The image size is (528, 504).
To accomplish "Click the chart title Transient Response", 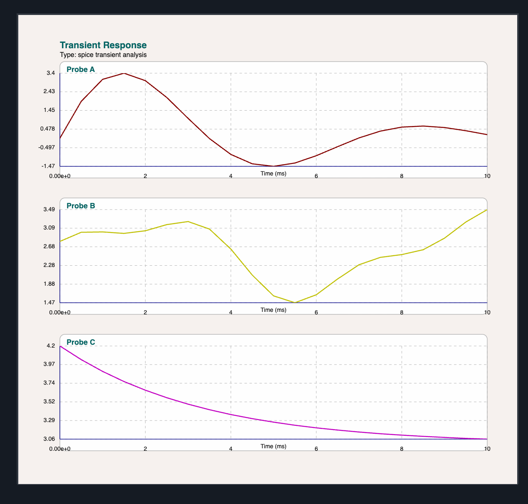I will pyautogui.click(x=103, y=45).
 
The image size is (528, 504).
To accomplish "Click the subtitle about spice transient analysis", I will pyautogui.click(x=103, y=55).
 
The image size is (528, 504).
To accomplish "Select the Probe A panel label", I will pyautogui.click(x=81, y=69).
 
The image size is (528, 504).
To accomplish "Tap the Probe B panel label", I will pyautogui.click(x=81, y=206).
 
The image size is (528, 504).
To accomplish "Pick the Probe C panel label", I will pyautogui.click(x=81, y=342).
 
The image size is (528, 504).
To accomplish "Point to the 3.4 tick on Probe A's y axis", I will pyautogui.click(x=51, y=73).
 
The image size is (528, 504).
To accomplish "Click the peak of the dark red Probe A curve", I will pyautogui.click(x=123, y=73).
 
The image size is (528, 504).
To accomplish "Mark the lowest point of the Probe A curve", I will pyautogui.click(x=274, y=166).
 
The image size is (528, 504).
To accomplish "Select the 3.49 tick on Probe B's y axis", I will pyautogui.click(x=49, y=210).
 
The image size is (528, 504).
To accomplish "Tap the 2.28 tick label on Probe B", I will pyautogui.click(x=49, y=265).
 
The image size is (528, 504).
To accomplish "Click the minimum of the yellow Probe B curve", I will pyautogui.click(x=295, y=303).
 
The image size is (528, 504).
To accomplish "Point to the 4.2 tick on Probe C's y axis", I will pyautogui.click(x=51, y=346).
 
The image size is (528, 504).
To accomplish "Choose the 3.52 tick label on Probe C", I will pyautogui.click(x=49, y=402).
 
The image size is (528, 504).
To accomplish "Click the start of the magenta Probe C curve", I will pyautogui.click(x=61, y=346).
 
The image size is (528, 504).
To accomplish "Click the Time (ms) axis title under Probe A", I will pyautogui.click(x=274, y=173).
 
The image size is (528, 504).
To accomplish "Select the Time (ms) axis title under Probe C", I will pyautogui.click(x=274, y=446).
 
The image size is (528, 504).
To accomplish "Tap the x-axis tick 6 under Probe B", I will pyautogui.click(x=316, y=312).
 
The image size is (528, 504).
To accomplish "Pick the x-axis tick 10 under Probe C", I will pyautogui.click(x=487, y=449).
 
